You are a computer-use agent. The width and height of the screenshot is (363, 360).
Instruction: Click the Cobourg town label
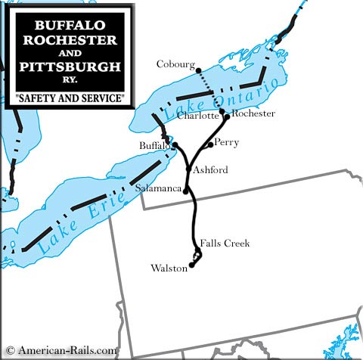point(175,64)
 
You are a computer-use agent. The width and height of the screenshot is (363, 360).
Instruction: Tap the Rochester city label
point(253,113)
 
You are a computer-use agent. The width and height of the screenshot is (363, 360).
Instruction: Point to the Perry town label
point(226,141)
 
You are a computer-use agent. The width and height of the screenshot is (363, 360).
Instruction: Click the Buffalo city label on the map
point(155,144)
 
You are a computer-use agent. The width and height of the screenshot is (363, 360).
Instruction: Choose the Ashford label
point(210,170)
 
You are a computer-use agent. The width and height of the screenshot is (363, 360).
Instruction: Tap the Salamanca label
point(159,187)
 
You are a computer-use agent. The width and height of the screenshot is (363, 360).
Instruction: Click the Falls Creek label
point(225,243)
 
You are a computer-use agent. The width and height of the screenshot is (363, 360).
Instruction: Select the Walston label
point(169,268)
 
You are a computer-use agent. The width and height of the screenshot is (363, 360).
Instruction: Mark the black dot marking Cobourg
point(198,70)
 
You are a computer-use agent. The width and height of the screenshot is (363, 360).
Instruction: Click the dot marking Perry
point(209,144)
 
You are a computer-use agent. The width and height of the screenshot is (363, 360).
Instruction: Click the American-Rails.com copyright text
point(61,350)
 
